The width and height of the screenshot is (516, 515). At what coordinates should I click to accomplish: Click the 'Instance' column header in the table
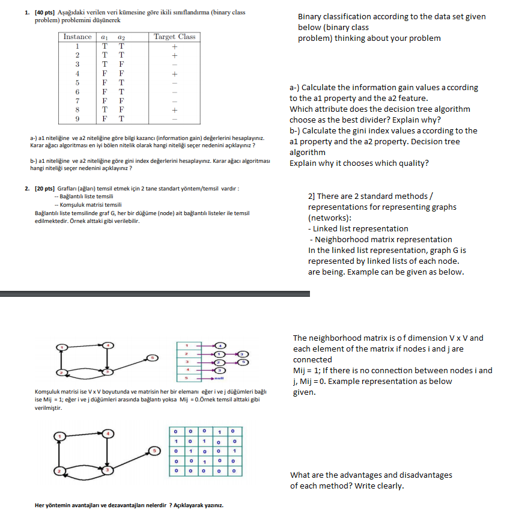77,37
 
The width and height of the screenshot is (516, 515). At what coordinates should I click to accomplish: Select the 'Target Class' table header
174,37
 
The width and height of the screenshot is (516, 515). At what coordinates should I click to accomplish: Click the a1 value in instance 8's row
105,110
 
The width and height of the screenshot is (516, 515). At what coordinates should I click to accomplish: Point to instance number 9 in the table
77,119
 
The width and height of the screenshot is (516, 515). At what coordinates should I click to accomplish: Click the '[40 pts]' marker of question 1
46,13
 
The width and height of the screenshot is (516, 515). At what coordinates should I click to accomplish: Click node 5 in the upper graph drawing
153,358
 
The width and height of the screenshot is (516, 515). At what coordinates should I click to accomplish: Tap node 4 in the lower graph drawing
108,433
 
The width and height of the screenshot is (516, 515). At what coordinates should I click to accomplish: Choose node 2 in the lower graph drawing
59,471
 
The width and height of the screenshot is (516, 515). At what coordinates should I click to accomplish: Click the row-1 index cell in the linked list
187,346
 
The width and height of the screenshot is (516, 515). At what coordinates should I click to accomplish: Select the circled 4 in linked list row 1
220,346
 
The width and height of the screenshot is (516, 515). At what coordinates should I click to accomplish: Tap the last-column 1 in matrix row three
233,451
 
